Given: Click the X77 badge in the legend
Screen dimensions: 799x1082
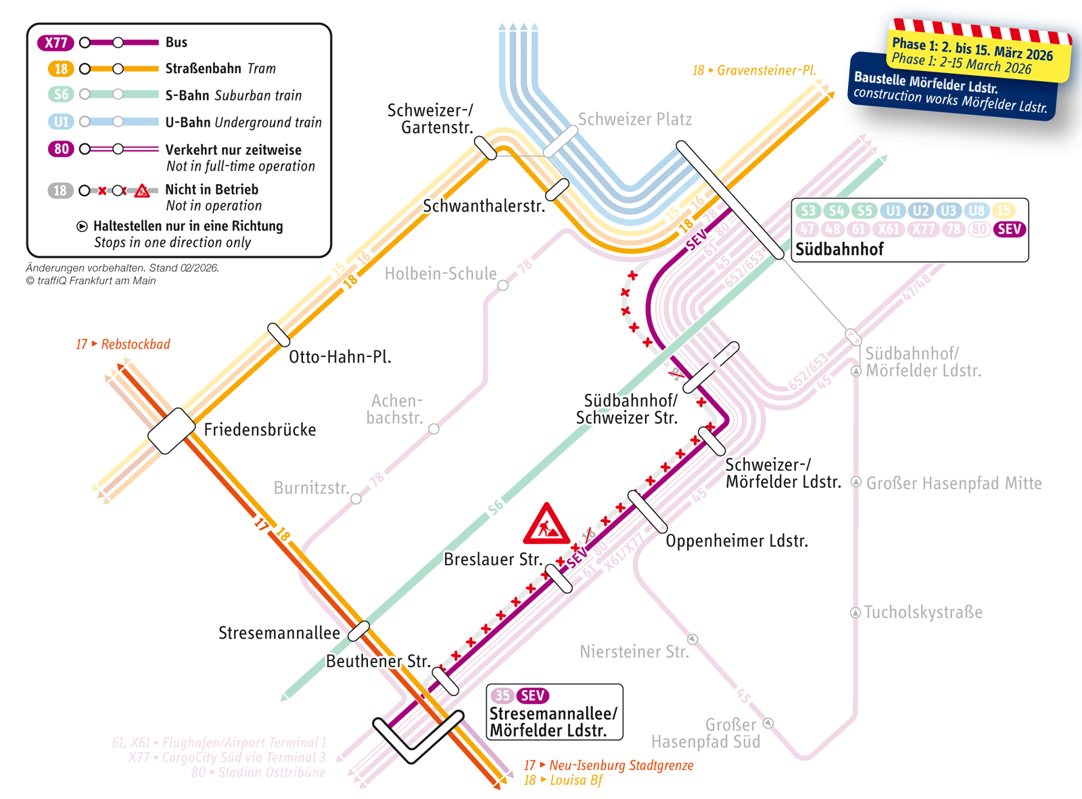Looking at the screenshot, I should coord(55,43).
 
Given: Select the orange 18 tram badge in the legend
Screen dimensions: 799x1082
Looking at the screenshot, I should coord(61,69).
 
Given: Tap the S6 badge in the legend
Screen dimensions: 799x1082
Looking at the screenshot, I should coord(61,95).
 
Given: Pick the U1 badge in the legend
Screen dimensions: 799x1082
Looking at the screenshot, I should coord(61,122).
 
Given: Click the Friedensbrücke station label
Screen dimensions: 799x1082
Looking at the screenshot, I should coord(260,430).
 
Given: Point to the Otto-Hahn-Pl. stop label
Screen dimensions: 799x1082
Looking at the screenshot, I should coord(339,357).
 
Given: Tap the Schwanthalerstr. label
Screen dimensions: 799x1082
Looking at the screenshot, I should coord(484,206).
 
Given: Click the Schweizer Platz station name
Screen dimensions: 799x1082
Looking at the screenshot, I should coord(634,120).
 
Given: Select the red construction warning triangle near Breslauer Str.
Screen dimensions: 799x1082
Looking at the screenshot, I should coord(546,524).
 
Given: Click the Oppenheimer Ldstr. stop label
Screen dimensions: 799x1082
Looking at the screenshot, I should coord(736,541).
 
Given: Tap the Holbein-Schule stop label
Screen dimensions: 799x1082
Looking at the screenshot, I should coord(440,274).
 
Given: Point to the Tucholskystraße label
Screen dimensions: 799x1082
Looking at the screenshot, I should coord(923,612).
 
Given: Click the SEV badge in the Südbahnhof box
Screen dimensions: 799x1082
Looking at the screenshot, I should coord(1009,229).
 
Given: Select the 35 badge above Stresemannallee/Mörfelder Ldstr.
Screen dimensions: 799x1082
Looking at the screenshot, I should coord(502,695).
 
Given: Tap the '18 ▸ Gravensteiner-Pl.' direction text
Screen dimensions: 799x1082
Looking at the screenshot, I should coord(754,70).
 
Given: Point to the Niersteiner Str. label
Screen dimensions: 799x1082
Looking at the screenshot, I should coord(634,652).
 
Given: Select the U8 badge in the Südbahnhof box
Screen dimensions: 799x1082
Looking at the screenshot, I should coord(977,210).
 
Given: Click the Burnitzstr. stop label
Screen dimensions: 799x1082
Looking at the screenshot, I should coord(311,488).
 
